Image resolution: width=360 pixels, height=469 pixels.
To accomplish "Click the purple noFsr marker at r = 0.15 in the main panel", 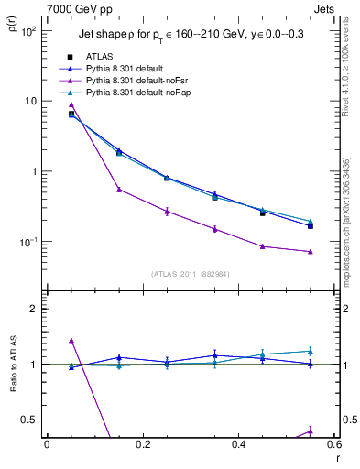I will pos(119,190).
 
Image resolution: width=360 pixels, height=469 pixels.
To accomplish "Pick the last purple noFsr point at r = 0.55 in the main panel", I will pos(311,251).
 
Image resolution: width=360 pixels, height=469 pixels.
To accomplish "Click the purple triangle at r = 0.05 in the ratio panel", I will pos(71,340).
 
